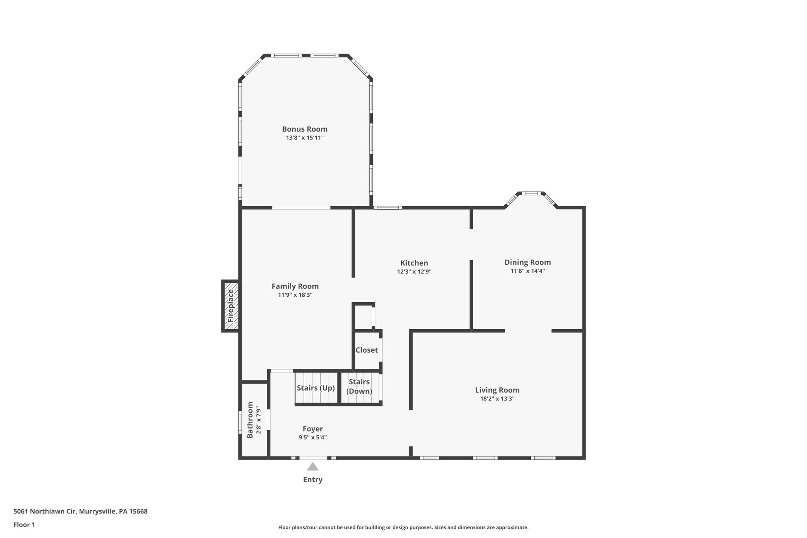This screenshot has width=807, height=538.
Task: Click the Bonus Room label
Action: click(305, 129)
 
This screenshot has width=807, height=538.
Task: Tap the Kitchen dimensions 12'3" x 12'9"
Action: click(414, 272)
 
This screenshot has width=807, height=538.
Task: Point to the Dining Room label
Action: click(528, 262)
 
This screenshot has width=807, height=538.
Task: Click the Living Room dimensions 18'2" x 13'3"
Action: click(497, 398)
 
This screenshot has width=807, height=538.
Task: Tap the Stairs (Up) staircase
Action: click(316, 388)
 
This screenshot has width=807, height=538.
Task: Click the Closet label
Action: click(366, 350)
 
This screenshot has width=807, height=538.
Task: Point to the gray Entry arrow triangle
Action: click(312, 467)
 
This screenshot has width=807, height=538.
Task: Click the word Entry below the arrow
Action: click(312, 480)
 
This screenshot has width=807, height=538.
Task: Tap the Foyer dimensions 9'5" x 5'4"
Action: click(312, 437)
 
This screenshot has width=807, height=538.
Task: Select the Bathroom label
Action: click(250, 420)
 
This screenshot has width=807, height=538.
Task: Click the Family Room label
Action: click(295, 286)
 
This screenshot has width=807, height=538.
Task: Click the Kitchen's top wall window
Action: click(388, 207)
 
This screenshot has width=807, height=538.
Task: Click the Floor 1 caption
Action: click(24, 525)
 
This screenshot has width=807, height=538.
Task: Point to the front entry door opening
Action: click(313, 458)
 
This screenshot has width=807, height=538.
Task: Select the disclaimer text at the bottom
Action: click(403, 527)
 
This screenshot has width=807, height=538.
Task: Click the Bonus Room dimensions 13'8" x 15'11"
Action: click(305, 138)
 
